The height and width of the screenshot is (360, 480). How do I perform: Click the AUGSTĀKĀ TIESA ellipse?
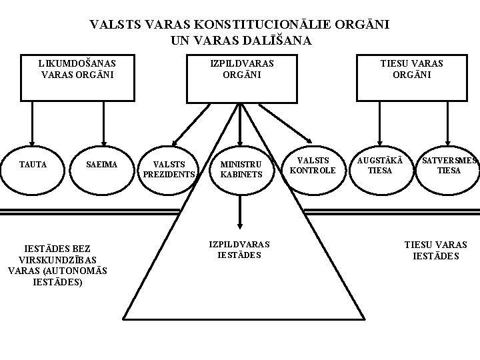pyautogui.click(x=381, y=165)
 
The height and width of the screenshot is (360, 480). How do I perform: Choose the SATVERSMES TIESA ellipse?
pyautogui.click(x=449, y=165)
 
